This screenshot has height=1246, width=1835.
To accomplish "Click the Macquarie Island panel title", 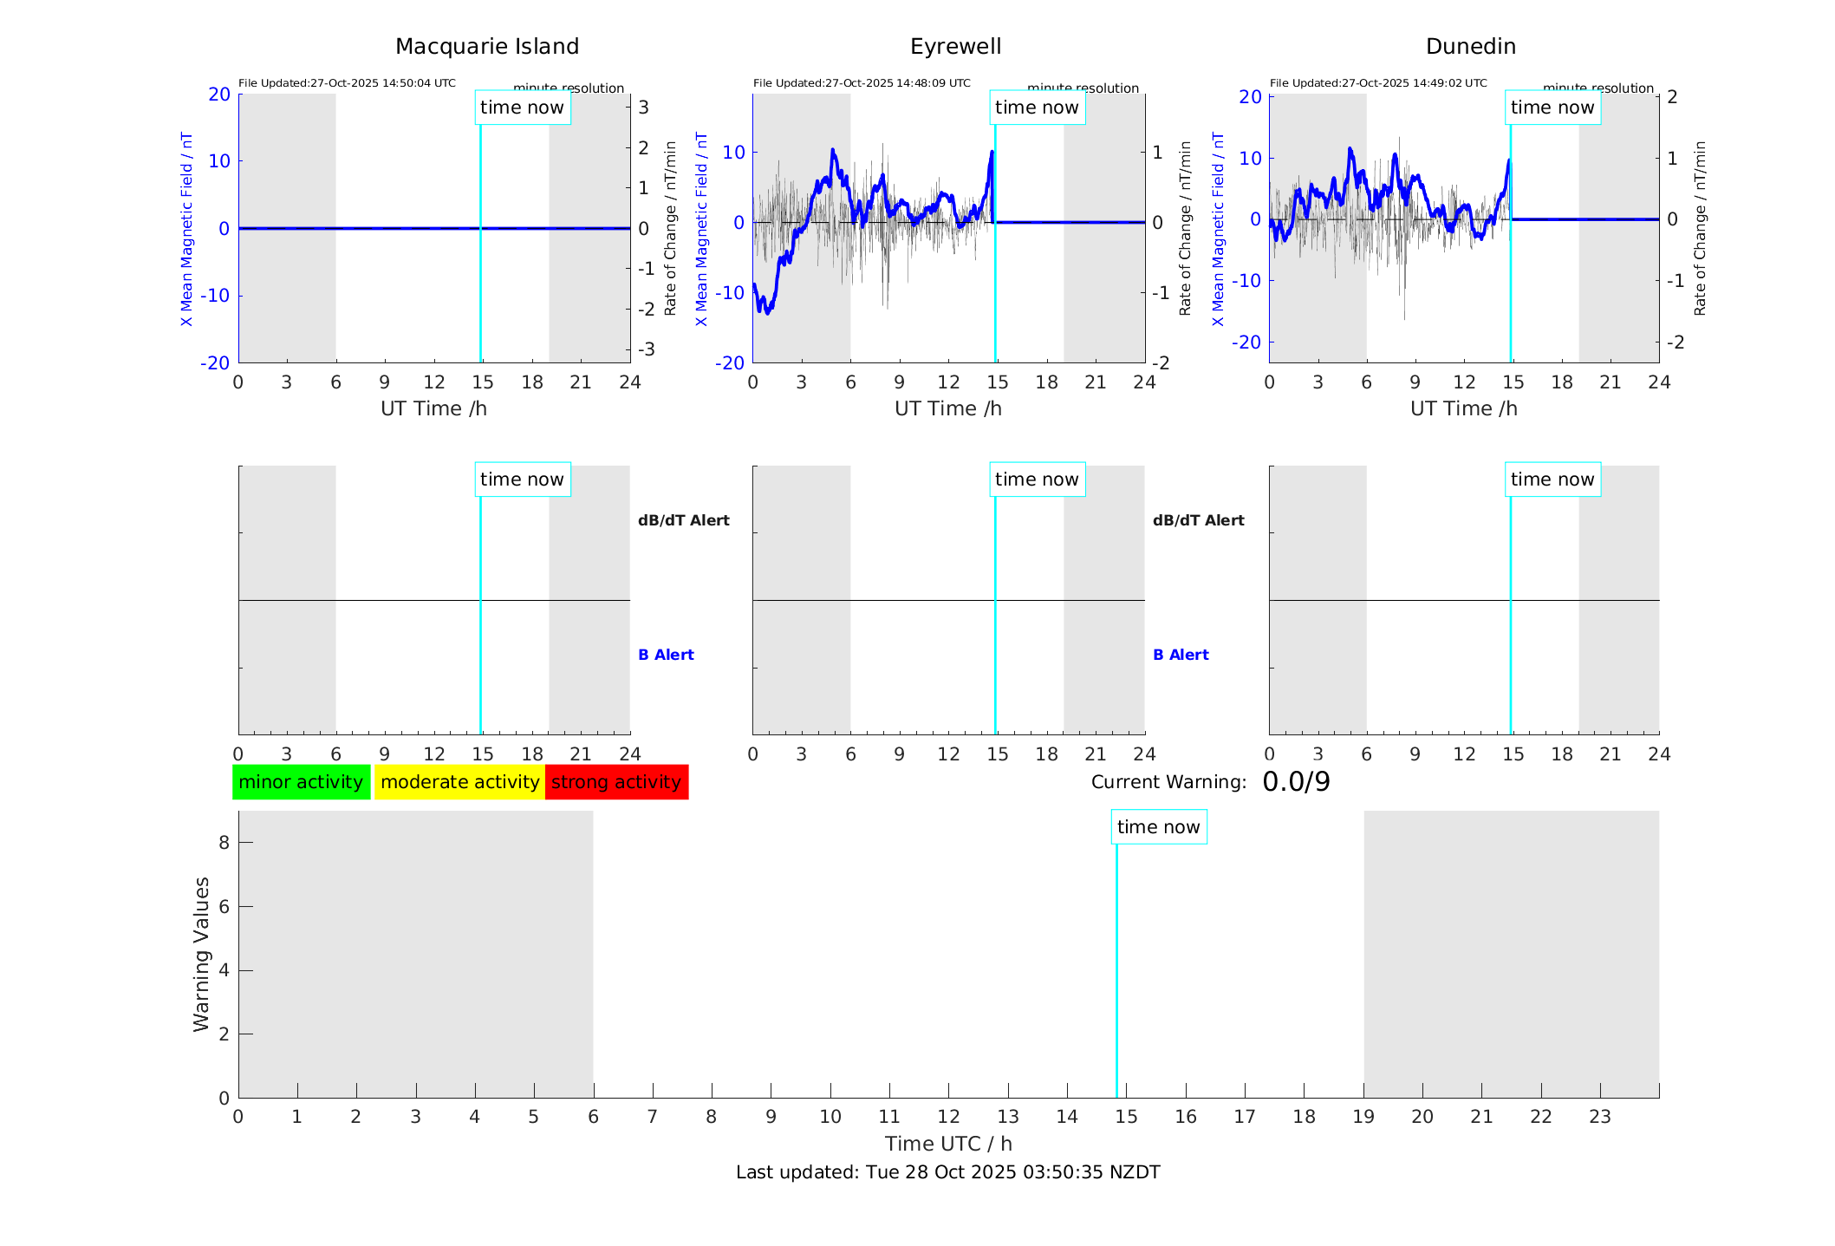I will (486, 47).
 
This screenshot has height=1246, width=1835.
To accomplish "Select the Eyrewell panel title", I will (955, 47).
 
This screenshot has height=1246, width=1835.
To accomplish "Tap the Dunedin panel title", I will (1470, 47).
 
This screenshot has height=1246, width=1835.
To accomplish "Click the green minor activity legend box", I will (301, 782).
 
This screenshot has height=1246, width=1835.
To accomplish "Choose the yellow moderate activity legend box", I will (459, 782).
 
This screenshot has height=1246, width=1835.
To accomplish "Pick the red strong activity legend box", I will (616, 782).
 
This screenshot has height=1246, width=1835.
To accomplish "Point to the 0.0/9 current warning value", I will (1296, 782).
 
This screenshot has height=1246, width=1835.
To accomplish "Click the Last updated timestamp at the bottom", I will (947, 1172).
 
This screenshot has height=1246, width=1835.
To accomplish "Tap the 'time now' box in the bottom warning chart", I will (1158, 827).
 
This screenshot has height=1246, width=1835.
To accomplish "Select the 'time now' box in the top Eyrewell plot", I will (1037, 108).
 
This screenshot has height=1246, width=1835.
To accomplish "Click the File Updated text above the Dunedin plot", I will (1378, 83).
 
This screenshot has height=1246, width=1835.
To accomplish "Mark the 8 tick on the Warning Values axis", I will (224, 842).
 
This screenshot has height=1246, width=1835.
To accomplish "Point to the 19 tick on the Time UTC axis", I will (1363, 1117).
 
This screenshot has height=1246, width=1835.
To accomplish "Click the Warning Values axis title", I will (201, 954).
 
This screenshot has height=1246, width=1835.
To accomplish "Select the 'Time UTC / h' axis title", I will (948, 1144).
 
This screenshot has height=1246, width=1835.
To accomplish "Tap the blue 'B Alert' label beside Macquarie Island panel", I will (666, 655).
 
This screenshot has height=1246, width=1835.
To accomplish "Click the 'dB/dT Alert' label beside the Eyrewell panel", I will (1198, 520).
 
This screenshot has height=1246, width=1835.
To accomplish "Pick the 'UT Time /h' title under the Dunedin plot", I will (1463, 408).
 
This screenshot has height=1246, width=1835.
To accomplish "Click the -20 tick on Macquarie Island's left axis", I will (215, 363).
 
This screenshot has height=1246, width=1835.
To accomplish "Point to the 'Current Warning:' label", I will (1168, 782).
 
